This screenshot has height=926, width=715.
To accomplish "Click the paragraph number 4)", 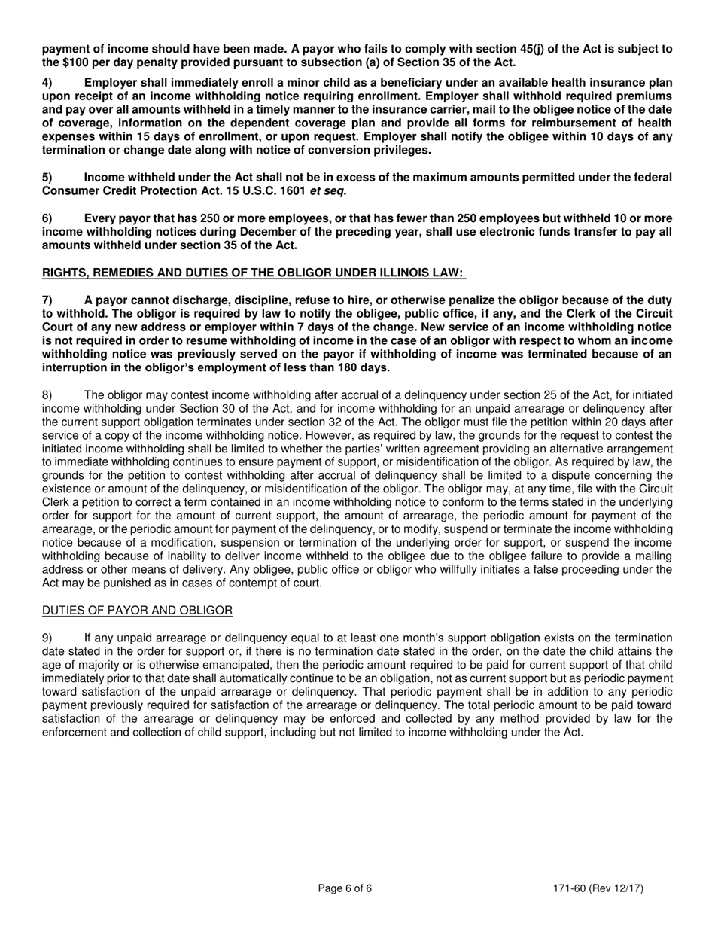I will click(x=47, y=82).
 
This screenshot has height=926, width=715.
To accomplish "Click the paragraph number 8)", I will click(x=47, y=394).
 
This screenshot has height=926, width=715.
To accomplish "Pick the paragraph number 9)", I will click(x=47, y=638).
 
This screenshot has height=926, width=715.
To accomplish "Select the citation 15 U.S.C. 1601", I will click(x=260, y=190).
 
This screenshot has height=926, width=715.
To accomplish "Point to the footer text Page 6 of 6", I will click(x=345, y=888).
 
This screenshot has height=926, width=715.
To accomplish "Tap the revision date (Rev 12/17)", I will click(x=618, y=888).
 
